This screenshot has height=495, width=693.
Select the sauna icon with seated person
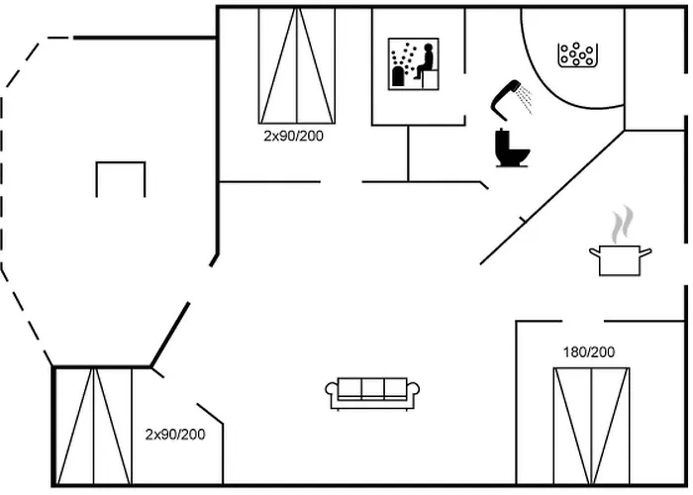(x=413, y=64)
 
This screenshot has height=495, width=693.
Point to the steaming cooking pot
(x=620, y=260)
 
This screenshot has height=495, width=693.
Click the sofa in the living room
(x=372, y=392)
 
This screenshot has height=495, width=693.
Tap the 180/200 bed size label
(x=588, y=351)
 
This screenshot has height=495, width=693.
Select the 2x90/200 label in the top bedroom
(x=293, y=136)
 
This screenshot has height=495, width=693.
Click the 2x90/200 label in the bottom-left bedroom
(x=175, y=434)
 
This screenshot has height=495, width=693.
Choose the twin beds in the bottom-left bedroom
(x=94, y=426)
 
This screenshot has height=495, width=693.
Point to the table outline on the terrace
(x=121, y=178)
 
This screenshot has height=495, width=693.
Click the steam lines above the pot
(x=621, y=224)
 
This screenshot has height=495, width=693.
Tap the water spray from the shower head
(x=526, y=97)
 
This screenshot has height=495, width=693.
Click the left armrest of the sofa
(x=332, y=393)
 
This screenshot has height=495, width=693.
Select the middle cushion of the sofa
(x=372, y=388)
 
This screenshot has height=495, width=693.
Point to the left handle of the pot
(x=594, y=253)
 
